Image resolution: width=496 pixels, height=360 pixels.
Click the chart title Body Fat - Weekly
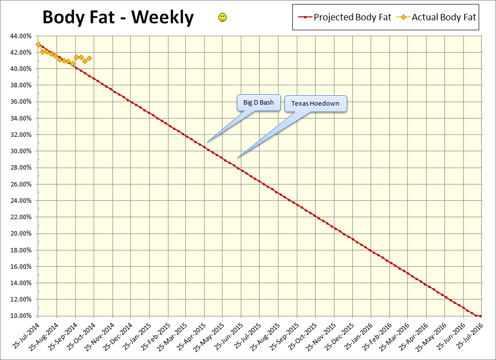[118, 17]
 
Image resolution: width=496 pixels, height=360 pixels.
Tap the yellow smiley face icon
[222, 18]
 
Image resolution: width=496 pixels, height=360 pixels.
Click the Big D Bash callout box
[258, 103]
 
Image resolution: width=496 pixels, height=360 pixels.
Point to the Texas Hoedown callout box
[315, 104]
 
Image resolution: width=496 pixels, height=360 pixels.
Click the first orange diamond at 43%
[38, 44]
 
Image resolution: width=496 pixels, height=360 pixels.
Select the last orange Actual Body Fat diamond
[89, 58]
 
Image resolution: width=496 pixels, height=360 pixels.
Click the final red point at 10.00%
[481, 316]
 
